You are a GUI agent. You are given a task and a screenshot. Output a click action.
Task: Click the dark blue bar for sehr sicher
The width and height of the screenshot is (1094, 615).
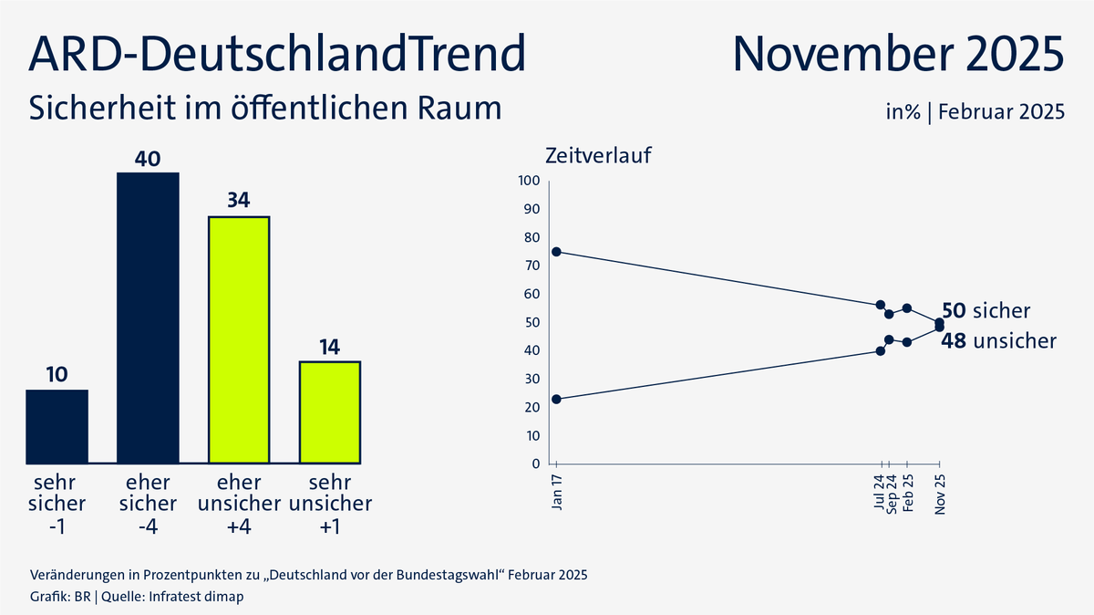coord(57,426)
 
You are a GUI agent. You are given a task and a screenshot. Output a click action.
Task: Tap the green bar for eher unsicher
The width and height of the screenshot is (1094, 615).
coord(239,339)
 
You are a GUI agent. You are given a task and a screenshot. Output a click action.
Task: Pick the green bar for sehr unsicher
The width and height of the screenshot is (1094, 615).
coord(330,412)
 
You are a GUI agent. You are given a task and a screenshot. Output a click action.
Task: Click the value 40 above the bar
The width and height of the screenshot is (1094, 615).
coord(148,159)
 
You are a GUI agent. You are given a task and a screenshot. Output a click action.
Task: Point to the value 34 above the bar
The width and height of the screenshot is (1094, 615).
coord(239,201)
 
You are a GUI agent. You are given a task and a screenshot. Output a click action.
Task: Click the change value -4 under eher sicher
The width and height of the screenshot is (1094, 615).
coord(148,526)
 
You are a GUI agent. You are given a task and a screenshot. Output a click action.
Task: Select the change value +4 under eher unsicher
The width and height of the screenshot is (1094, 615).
coord(239,526)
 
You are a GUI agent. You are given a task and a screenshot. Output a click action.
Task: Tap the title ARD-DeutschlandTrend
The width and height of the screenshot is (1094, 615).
coord(277,54)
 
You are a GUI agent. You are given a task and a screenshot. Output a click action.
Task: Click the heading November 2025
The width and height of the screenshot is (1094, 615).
coord(898,54)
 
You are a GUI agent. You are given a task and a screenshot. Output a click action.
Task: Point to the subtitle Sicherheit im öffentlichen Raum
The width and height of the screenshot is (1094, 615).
coord(265,108)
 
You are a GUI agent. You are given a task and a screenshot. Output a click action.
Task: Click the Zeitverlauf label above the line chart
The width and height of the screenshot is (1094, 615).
coord(598,155)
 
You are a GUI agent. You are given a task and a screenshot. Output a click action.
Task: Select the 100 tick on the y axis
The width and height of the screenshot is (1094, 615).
coord(530,181)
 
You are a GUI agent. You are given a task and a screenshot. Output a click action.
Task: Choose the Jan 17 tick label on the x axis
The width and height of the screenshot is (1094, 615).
coord(557,491)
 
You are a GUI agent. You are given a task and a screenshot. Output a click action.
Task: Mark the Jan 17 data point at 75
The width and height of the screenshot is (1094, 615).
coord(556,252)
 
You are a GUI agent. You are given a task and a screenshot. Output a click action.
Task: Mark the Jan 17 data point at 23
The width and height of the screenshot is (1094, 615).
coord(556,399)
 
